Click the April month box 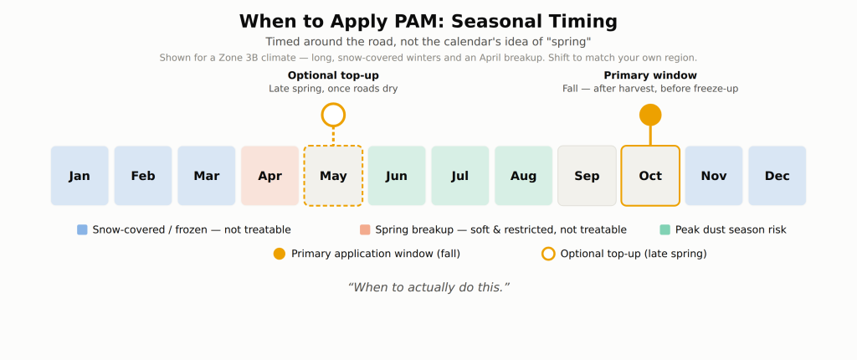click(x=270, y=176)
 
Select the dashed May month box click(x=333, y=176)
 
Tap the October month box click(x=650, y=176)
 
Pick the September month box click(x=587, y=176)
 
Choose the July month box click(x=460, y=176)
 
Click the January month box click(x=80, y=176)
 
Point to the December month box click(x=777, y=176)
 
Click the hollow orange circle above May click(x=333, y=105)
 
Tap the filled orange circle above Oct click(x=650, y=115)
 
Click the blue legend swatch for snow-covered click(x=83, y=229)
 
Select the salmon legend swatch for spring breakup click(x=365, y=229)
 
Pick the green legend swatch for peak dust click(x=665, y=229)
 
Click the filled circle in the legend click(x=280, y=254)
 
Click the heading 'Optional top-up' click(x=333, y=75)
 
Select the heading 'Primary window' click(x=650, y=75)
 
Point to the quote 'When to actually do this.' click(x=428, y=287)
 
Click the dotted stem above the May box click(x=333, y=136)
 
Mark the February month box click(x=143, y=176)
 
